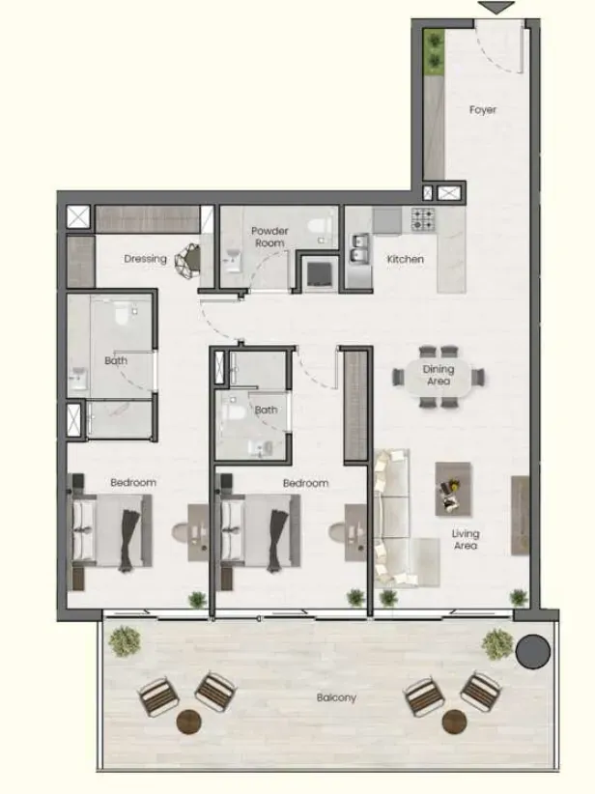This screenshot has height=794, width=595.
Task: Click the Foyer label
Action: coord(483,109)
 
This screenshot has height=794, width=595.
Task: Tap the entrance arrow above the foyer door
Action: coord(496,7)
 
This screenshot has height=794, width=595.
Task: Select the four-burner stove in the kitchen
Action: coord(422,218)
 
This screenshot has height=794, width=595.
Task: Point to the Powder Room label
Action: coord(269,237)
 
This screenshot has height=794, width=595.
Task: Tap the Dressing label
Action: coord(145,259)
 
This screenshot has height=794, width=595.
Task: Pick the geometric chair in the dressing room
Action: coord(187,260)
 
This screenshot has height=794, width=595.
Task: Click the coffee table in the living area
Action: coord(453,489)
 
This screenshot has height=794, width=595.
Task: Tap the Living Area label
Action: coord(466,540)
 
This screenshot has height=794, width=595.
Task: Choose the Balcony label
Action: coord(336,697)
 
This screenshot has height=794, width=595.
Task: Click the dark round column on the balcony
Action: coord(533,651)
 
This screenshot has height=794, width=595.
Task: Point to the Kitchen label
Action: coord(405,259)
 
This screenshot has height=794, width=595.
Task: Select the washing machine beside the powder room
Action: coord(320,274)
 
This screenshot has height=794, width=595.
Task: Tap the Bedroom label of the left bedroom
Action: coord(133,483)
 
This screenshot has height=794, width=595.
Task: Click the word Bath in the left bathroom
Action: coord(116,361)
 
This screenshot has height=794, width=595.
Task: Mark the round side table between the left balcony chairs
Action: coord(189,722)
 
